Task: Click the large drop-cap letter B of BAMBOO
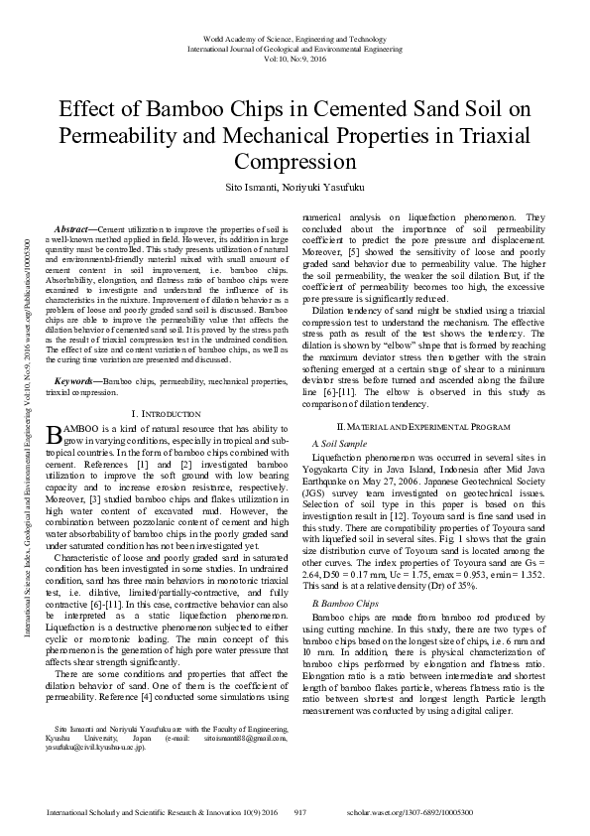click(55, 433)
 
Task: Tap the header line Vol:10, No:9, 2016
click(295, 58)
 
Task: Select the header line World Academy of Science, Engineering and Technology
click(295, 37)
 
